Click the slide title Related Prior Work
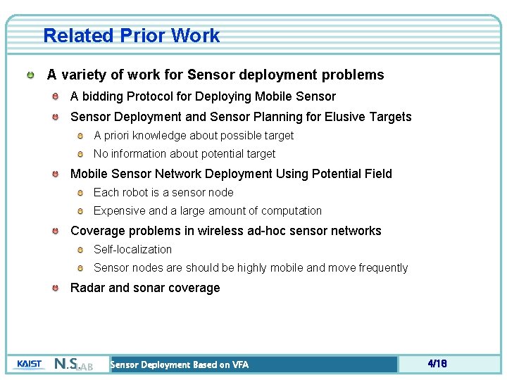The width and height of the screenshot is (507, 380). click(x=131, y=36)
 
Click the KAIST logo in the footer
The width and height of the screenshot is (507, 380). click(x=29, y=364)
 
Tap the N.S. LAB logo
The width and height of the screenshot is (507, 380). click(x=73, y=365)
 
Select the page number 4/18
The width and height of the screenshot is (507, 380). click(x=437, y=364)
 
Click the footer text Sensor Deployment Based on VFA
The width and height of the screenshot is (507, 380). click(x=180, y=365)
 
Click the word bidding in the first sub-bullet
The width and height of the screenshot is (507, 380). click(x=102, y=96)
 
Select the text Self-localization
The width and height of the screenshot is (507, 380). click(x=132, y=249)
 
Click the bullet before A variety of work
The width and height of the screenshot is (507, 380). click(x=31, y=75)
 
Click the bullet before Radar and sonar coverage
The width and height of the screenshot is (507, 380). click(x=55, y=288)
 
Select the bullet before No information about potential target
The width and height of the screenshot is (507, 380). click(x=80, y=154)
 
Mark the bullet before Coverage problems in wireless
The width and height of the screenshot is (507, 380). click(x=55, y=231)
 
